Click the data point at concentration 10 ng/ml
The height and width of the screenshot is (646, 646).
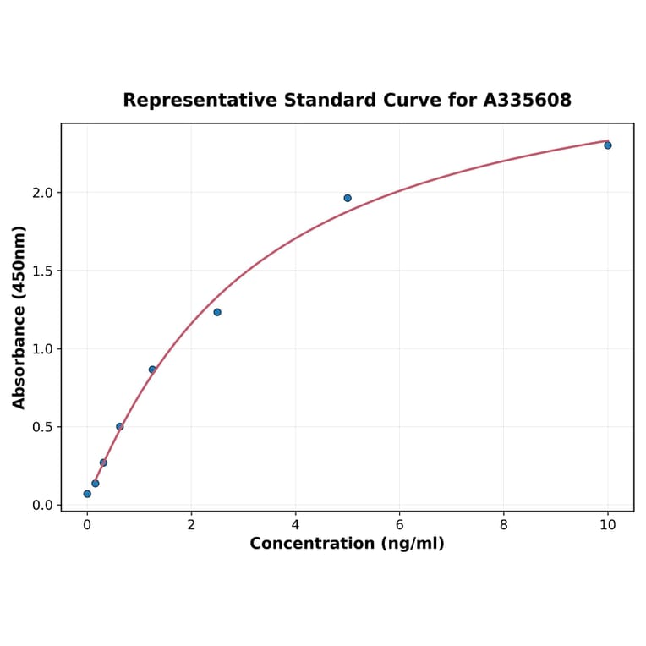pos(607,145)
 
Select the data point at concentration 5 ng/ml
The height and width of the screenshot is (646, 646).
pos(348,198)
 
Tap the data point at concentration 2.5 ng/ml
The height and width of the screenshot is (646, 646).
pos(217,312)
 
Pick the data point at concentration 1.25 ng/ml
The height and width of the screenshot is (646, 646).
pos(152,370)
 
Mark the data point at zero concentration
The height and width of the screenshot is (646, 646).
pos(87,494)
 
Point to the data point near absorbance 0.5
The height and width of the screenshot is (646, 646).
pos(120,426)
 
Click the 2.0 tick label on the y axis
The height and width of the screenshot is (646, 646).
pos(41,193)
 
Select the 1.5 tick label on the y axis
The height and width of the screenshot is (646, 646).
pos(41,271)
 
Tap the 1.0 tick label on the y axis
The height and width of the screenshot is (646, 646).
pos(41,349)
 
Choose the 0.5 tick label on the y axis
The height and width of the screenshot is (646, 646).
pos(41,427)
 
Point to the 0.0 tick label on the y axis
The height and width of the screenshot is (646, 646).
pos(41,506)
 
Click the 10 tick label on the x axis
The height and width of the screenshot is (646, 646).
pos(607,524)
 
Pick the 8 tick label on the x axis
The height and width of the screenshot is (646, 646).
pos(503,524)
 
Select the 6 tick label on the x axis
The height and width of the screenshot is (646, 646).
pos(399,524)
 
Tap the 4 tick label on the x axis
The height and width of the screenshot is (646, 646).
pos(295,524)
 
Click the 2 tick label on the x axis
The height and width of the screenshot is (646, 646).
pos(191,524)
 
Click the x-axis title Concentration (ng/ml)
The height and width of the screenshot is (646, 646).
pos(347,544)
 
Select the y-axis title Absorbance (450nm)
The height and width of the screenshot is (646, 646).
pos(19,317)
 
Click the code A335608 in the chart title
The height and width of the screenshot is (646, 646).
pos(528,101)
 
